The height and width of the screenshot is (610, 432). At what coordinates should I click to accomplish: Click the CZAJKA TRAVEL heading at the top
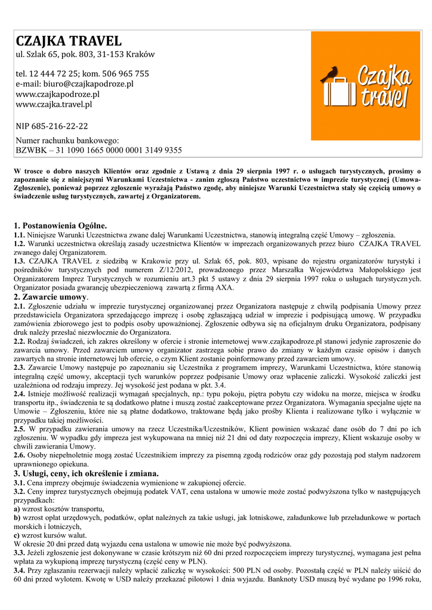(68, 41)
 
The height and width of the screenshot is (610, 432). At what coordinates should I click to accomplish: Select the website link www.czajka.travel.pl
(54, 104)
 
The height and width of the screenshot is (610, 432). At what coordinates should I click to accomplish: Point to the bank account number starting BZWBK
(98, 150)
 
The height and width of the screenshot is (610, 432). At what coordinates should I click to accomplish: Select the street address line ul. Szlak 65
(85, 54)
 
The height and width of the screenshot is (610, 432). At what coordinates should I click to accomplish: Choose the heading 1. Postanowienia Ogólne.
(60, 226)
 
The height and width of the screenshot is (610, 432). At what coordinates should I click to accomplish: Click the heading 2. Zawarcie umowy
(51, 297)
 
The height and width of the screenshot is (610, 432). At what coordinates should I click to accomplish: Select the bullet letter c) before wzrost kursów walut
(17, 535)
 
